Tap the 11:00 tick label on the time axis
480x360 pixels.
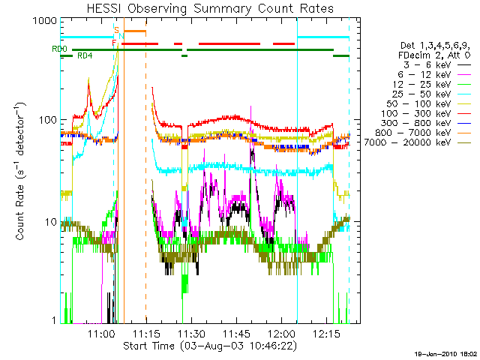pyautogui.click(x=101, y=334)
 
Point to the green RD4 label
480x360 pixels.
pyautogui.click(x=85, y=56)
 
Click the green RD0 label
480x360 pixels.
pyautogui.click(x=59, y=49)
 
